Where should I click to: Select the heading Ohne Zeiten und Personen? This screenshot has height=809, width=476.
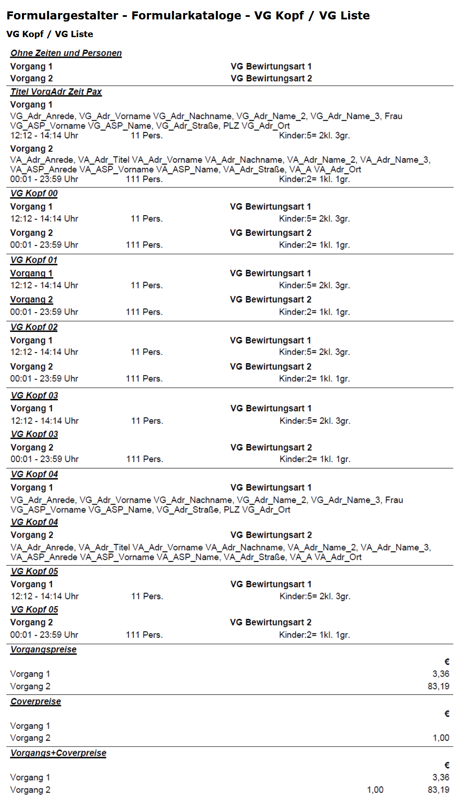point(66,53)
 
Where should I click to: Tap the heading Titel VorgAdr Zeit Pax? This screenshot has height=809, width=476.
point(56,92)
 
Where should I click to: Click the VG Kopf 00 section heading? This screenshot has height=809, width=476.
point(34,194)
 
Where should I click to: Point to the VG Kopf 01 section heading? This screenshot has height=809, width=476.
point(34,260)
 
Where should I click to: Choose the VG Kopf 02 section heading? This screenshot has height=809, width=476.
point(34,327)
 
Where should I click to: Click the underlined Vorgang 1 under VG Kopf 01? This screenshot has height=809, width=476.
point(31,273)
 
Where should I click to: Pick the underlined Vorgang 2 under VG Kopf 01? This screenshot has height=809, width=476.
point(31,299)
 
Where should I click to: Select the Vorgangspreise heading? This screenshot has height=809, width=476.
point(43,650)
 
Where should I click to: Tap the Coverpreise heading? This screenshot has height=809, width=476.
point(35,701)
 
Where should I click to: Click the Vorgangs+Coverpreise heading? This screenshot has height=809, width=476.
point(58,753)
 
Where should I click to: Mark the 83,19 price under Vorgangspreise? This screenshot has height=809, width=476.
point(438,686)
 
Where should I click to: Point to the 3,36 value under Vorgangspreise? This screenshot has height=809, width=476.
point(441,674)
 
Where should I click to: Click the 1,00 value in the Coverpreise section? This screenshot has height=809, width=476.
point(441,738)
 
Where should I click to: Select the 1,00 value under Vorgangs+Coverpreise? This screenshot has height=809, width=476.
point(375,790)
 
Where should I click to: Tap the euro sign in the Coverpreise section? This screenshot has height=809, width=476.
point(447,714)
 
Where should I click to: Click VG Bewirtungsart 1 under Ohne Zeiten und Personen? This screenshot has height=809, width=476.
point(271,67)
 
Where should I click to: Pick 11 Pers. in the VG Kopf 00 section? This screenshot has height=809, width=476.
point(146,219)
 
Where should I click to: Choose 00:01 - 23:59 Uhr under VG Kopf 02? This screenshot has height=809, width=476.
point(44,379)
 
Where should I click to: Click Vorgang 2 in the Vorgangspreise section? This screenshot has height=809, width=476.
point(30,686)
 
